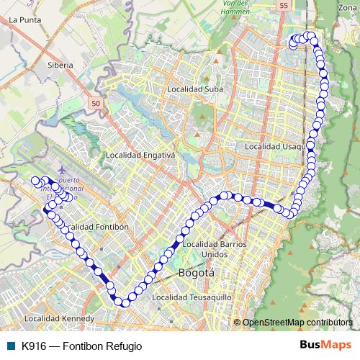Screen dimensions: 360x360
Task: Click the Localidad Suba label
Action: point(194,89)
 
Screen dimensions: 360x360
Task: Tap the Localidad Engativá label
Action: point(140,155)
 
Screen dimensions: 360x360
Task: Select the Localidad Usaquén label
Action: point(276,146)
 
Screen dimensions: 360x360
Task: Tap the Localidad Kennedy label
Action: point(59,318)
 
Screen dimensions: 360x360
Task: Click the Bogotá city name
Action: point(196,274)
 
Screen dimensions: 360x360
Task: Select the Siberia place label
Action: point(60,65)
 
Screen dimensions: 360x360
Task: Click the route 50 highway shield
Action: point(96,104)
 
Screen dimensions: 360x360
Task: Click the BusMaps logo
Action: point(325,345)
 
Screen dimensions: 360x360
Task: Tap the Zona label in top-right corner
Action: point(348,6)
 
